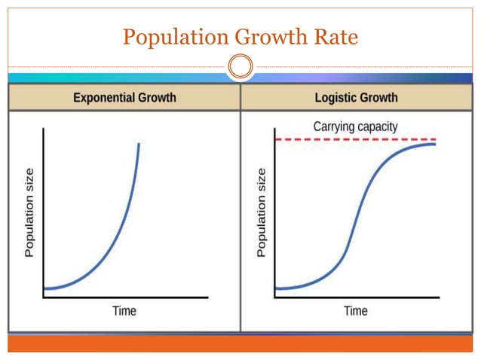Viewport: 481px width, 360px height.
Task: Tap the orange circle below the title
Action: click(x=240, y=68)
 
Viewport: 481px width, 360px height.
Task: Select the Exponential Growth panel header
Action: click(x=124, y=98)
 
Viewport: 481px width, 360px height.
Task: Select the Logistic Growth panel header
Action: click(x=356, y=98)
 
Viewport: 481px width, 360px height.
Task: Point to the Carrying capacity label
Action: click(x=355, y=127)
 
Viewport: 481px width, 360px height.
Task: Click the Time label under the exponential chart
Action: click(x=124, y=310)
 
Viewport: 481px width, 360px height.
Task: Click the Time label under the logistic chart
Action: click(x=356, y=310)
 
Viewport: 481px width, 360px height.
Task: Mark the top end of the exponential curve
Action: click(x=139, y=144)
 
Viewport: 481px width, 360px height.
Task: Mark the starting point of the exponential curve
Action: click(x=44, y=288)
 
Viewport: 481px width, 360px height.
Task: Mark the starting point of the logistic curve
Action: click(x=277, y=288)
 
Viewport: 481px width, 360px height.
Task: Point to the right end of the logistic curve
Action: click(x=435, y=144)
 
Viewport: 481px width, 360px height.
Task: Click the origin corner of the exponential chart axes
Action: click(x=44, y=297)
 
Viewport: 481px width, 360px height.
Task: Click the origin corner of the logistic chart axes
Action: click(x=276, y=297)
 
